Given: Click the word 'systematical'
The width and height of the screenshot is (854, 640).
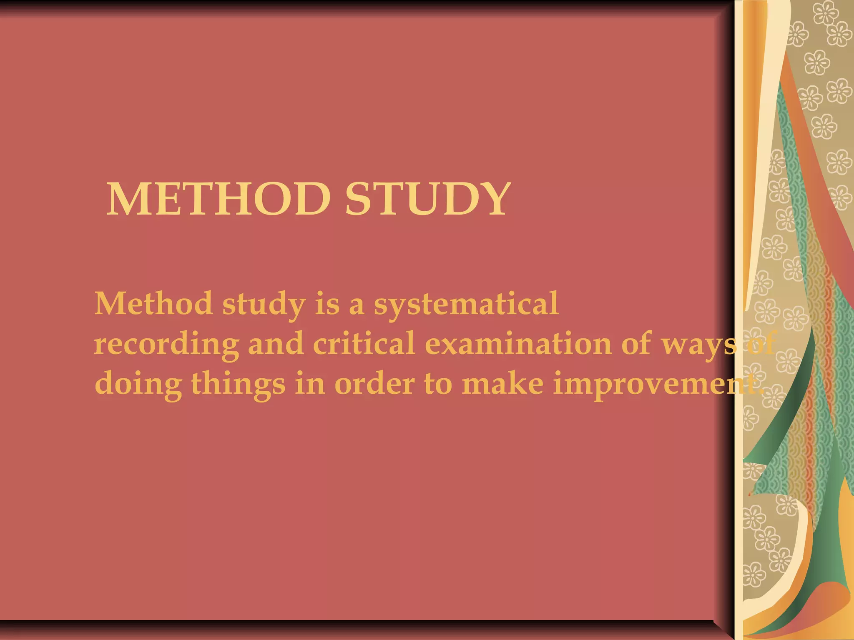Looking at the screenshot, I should click(x=466, y=304).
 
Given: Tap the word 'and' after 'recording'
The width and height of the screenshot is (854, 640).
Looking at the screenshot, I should click(x=276, y=344).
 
